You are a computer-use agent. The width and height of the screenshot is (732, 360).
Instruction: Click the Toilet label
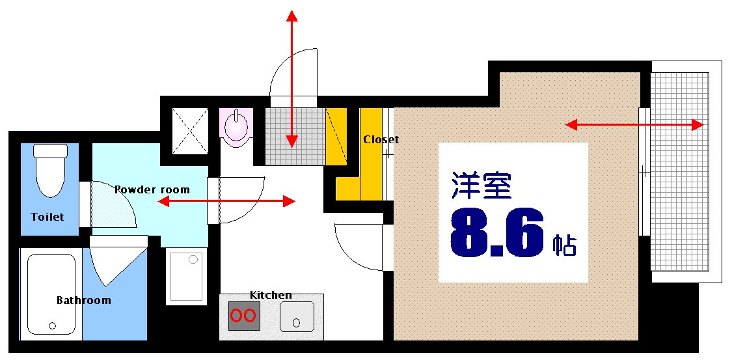47,216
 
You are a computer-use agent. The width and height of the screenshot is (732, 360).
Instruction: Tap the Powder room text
152,190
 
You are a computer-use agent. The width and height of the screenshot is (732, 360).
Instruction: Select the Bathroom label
83,300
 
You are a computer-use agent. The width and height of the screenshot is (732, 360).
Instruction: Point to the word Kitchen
271,296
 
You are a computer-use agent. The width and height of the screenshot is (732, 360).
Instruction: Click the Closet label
381,139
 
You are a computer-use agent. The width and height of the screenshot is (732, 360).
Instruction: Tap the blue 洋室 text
481,186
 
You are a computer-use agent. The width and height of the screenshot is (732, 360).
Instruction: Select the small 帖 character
565,245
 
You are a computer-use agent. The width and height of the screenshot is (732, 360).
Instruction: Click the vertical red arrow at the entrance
291,78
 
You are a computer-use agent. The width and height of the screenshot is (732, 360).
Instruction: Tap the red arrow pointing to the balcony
634,124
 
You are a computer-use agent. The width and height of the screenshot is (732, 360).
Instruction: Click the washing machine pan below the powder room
187,275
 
